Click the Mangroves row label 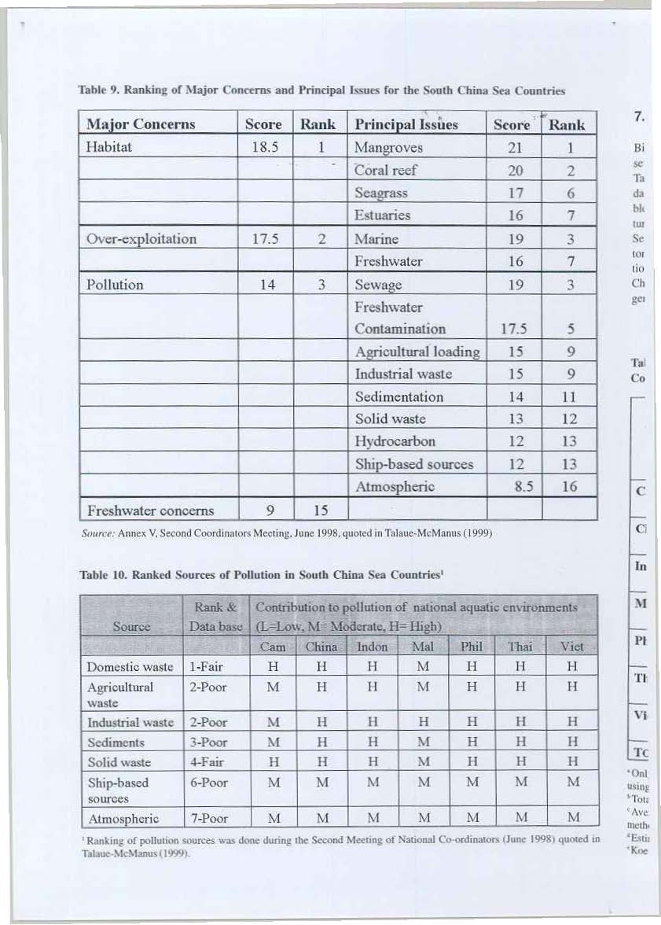click(x=388, y=147)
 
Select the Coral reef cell click(x=385, y=170)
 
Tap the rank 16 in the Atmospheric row click(x=569, y=487)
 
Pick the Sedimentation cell click(x=398, y=396)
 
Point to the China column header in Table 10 click(x=321, y=647)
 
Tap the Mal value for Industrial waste click(x=422, y=722)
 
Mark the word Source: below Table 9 click(x=96, y=533)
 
